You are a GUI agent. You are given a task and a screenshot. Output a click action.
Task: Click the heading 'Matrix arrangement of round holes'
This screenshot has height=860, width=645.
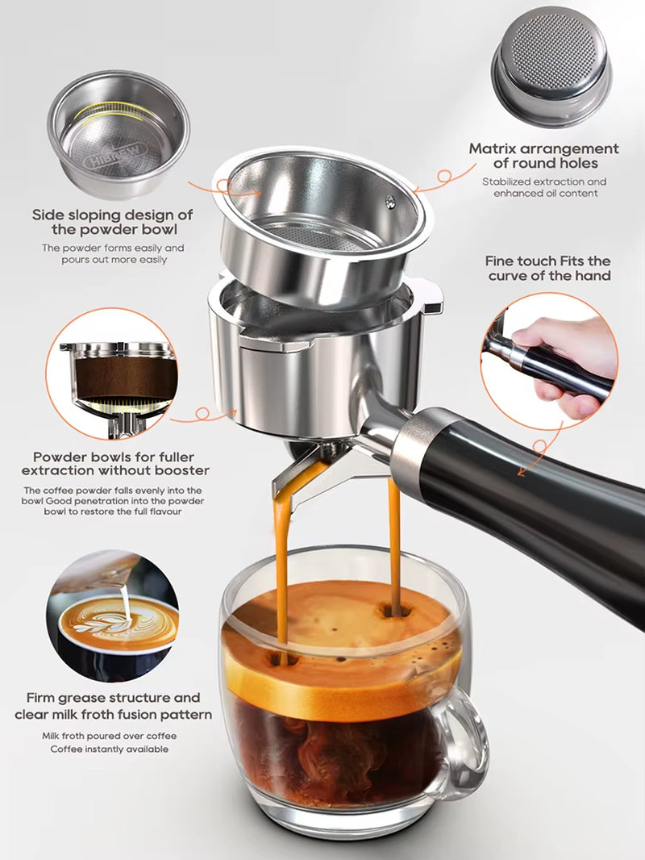pos(544,156)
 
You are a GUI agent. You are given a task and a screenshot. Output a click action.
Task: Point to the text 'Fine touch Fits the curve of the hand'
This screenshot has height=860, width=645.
pos(548,268)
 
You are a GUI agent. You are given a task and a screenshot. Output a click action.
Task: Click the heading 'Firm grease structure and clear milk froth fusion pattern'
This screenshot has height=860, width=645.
pos(113,706)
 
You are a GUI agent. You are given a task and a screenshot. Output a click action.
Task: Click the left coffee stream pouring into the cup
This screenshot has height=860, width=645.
pos(281,565)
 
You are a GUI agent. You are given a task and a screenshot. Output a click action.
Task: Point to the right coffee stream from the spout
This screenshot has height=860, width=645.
pos(394,541)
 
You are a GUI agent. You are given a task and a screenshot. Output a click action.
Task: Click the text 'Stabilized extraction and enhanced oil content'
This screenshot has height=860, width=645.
pos(544,187)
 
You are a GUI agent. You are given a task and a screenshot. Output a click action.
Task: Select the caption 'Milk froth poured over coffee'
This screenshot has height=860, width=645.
pos(110,736)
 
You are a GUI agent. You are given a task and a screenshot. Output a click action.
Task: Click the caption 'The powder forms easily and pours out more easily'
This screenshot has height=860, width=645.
pos(113,253)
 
